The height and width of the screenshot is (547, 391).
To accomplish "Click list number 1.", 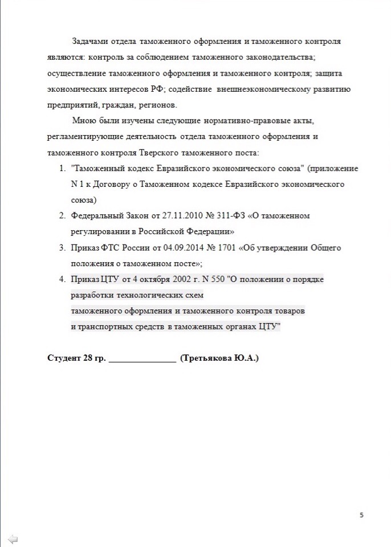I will [62, 169].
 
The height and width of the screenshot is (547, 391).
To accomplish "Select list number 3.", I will [62, 248].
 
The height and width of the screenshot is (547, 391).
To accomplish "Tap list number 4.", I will [62, 279].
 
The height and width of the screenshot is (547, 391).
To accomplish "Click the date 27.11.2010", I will [184, 216].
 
